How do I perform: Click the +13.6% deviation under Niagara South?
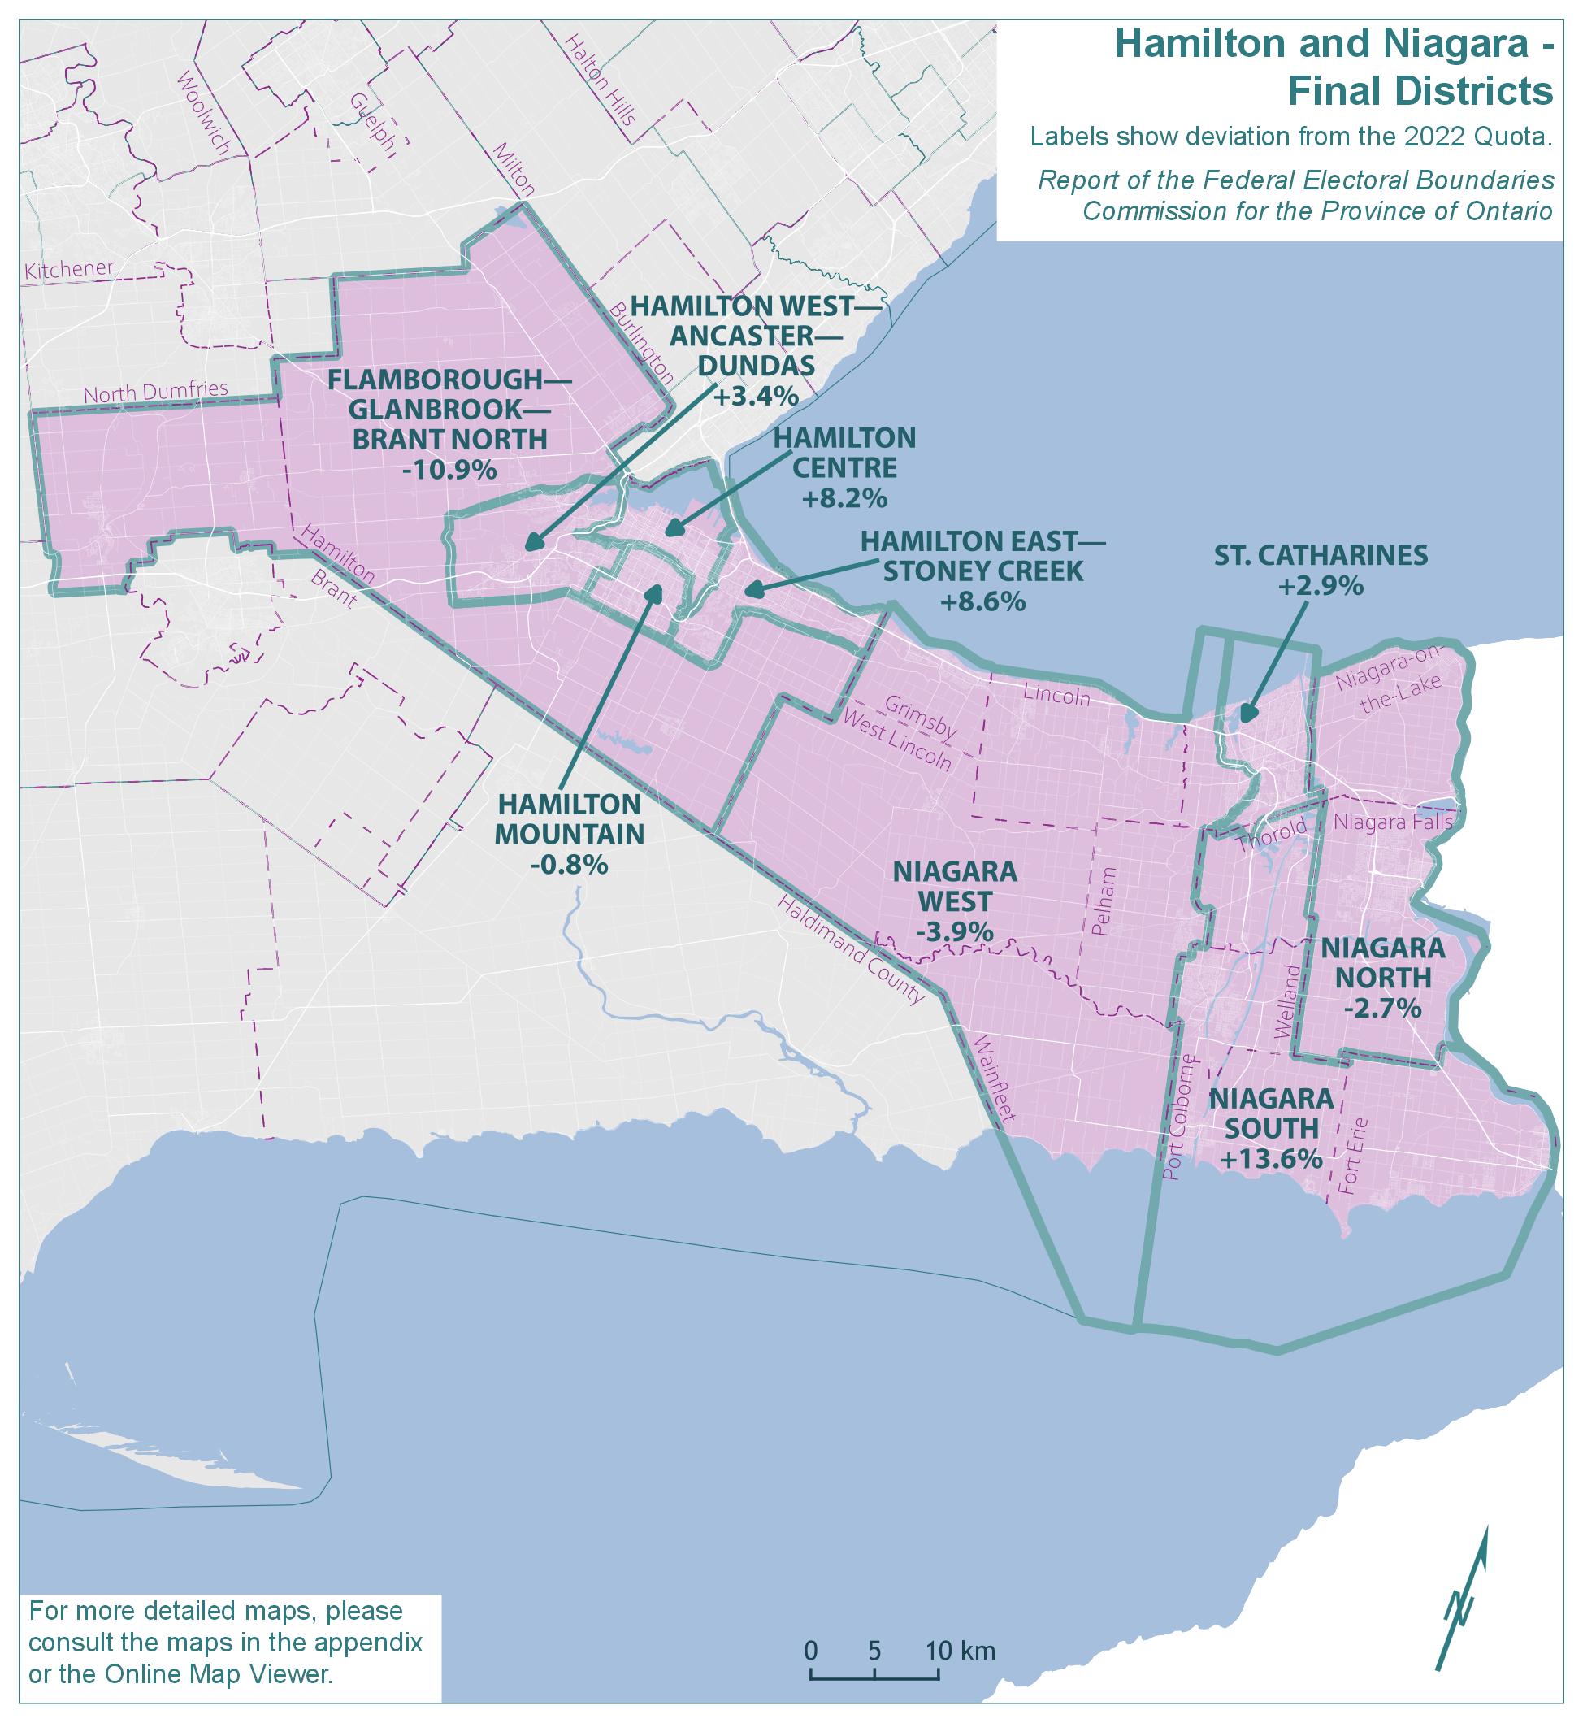point(1271,1159)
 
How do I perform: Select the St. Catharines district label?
point(1321,555)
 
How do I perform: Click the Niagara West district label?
point(955,887)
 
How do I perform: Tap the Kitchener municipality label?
point(69,269)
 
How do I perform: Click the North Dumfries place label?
point(156,392)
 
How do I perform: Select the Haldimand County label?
point(852,949)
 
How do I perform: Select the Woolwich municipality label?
point(202,113)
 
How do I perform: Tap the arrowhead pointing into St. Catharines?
point(1249,714)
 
